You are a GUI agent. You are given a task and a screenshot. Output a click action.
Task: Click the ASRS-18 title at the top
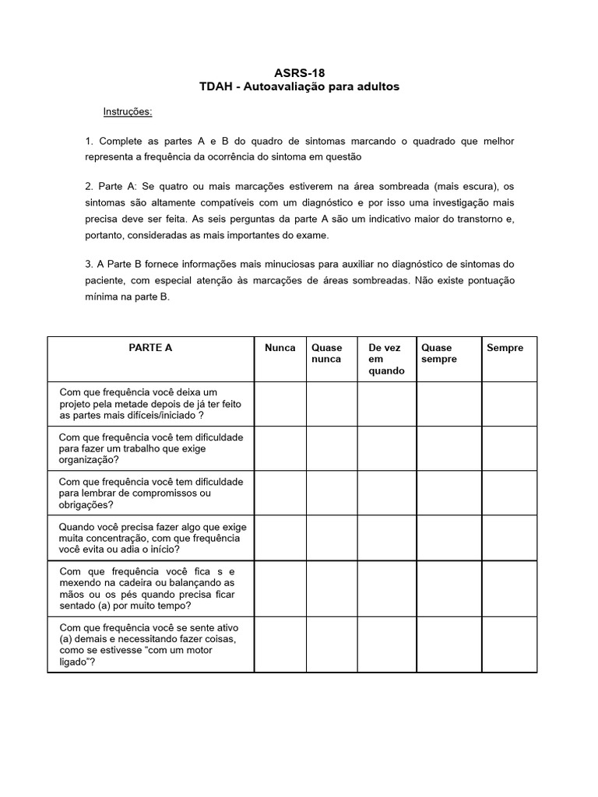299,73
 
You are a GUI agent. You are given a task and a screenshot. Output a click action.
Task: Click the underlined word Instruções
128,111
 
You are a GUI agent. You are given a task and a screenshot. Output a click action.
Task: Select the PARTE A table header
150,348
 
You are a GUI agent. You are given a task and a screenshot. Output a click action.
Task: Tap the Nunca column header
280,348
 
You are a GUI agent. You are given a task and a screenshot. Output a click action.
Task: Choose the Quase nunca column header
326,353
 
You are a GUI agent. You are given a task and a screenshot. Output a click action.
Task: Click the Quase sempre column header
438,353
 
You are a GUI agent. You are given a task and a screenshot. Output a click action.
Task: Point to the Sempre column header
505,348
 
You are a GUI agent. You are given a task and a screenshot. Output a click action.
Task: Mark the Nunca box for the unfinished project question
280,404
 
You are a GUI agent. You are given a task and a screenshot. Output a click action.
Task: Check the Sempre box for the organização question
509,448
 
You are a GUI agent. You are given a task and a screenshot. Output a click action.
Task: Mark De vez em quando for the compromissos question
387,493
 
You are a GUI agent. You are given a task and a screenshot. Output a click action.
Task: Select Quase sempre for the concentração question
448,537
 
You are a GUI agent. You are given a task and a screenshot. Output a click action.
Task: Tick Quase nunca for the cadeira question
332,588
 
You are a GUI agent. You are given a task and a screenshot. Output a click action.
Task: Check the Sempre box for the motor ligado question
509,644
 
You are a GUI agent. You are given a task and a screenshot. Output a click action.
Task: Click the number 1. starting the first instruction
90,141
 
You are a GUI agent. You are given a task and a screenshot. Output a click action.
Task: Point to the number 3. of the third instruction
90,265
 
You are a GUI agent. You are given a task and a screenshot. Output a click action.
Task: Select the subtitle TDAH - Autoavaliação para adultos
299,87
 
